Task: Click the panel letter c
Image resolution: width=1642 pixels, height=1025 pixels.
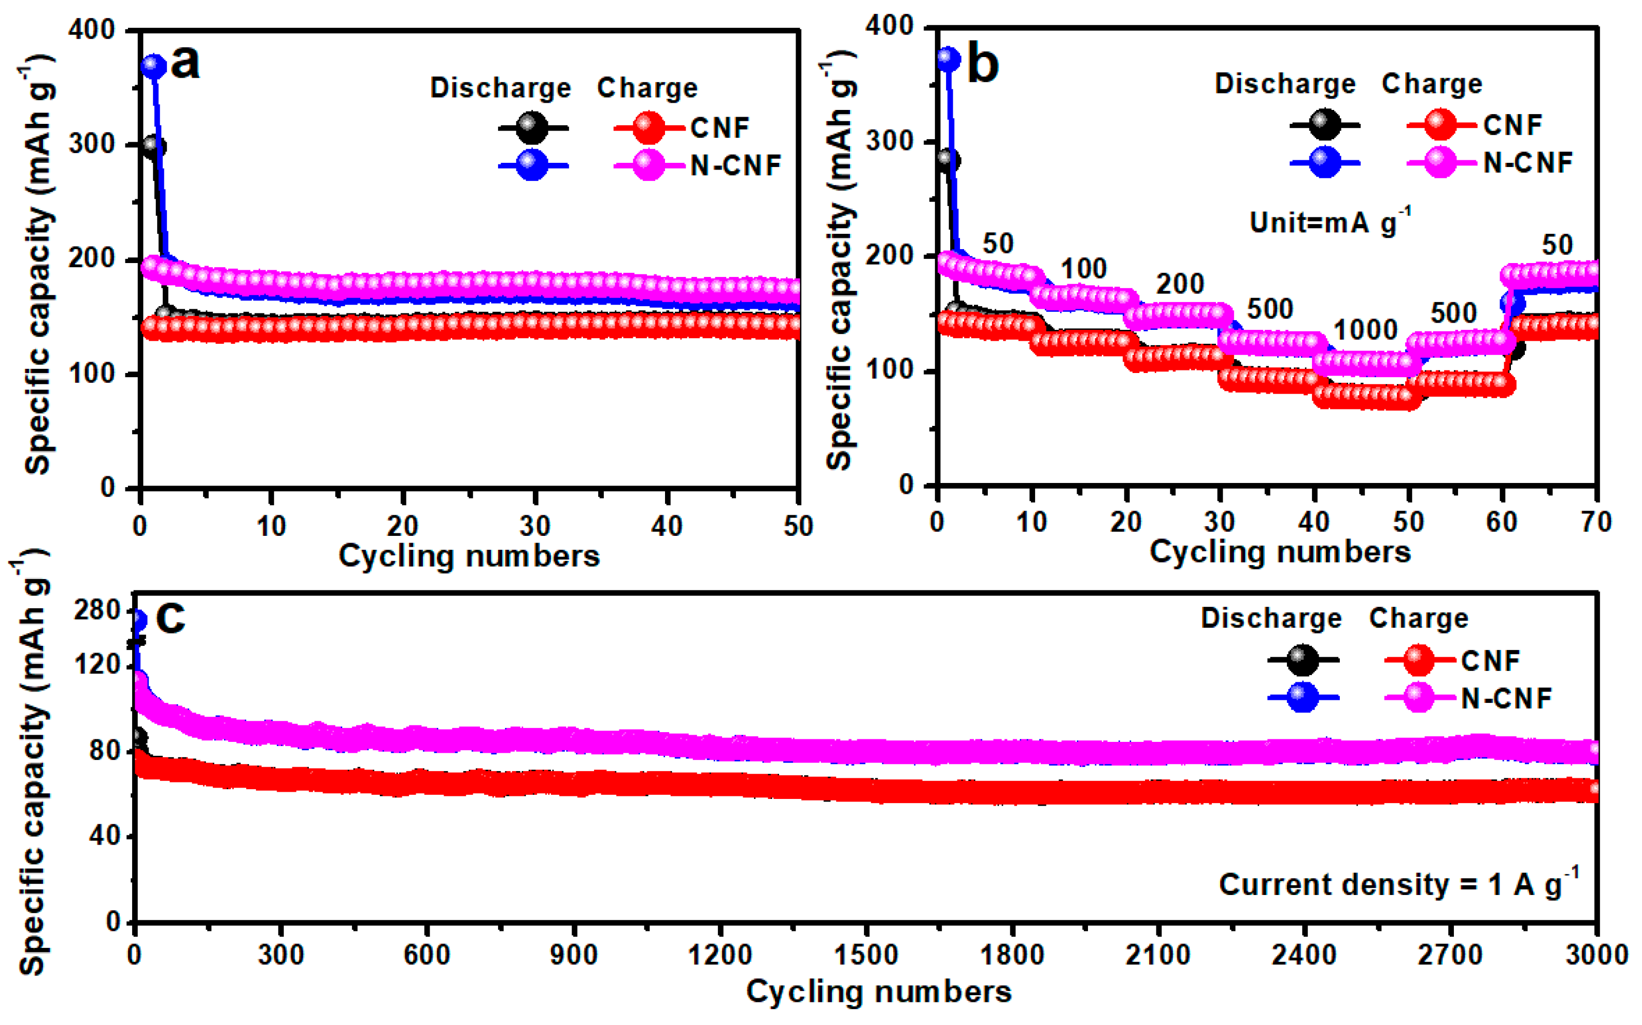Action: point(170,617)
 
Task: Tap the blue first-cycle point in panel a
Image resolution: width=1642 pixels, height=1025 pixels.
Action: point(154,66)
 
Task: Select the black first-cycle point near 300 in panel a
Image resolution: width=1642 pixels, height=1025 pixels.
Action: point(154,146)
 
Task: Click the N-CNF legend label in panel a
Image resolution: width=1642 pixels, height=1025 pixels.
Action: point(735,165)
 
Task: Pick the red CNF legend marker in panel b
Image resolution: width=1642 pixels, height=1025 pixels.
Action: point(1441,125)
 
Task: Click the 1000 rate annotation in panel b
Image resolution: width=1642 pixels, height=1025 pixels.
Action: point(1366,330)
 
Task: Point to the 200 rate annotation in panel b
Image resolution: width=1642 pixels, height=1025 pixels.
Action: point(1180,284)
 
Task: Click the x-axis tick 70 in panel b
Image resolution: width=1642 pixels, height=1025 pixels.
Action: point(1596,522)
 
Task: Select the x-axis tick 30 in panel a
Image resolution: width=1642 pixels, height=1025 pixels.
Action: point(535,526)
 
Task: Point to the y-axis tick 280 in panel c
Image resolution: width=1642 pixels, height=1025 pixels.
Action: point(97,611)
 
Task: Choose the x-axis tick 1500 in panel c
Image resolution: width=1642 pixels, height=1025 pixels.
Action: point(866,955)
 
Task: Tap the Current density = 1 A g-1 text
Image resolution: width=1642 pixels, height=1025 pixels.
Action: point(1398,885)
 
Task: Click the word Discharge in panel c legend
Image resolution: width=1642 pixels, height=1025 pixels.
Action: point(1271,618)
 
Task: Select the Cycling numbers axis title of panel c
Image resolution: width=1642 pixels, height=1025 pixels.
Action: point(879,992)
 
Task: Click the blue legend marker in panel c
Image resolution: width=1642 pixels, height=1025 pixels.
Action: point(1302,698)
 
